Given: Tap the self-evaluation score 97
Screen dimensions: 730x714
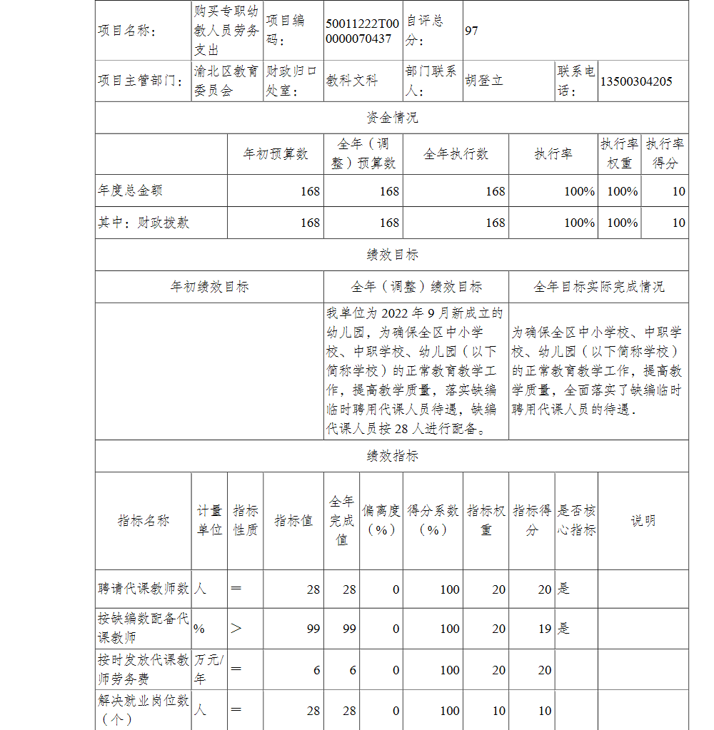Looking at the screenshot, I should (x=471, y=31).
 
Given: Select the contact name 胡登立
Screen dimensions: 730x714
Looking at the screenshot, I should (x=484, y=81).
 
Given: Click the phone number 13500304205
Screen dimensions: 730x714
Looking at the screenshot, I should (x=636, y=81).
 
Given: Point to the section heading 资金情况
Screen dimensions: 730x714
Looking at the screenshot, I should (x=392, y=118).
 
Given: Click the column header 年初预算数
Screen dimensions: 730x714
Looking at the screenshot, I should (x=276, y=154).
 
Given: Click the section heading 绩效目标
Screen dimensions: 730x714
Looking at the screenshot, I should (x=392, y=255).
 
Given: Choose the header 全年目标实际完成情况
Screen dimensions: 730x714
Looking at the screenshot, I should (x=598, y=287).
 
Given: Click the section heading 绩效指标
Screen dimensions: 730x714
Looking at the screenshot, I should (x=392, y=456).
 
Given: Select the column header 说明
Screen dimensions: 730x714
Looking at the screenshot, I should (x=643, y=521).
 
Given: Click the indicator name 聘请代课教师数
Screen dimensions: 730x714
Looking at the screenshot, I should (x=144, y=589).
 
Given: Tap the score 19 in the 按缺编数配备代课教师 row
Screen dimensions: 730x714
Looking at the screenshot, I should (x=545, y=629).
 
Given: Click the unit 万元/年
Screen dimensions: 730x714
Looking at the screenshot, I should (x=208, y=669).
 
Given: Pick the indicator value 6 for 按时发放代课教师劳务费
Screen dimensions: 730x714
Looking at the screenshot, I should (x=316, y=670).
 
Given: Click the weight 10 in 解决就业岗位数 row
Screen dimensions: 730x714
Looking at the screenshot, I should (x=498, y=711).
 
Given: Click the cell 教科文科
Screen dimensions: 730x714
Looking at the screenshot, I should (x=352, y=81).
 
